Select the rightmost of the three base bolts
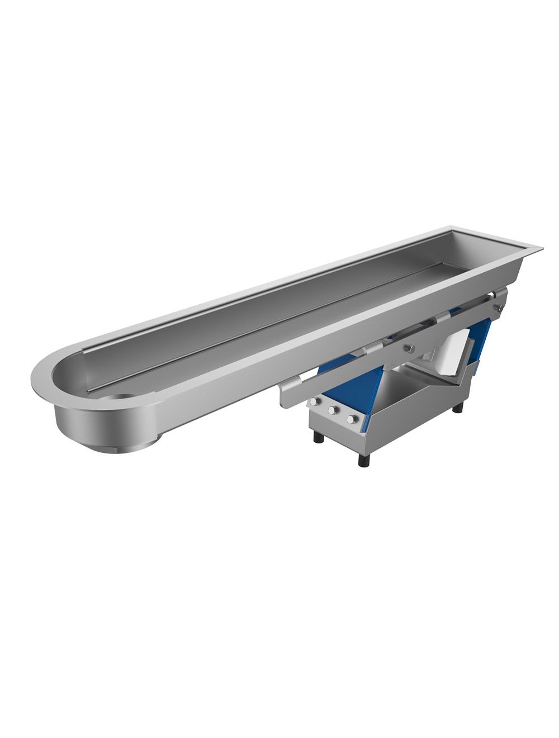click(x=350, y=419)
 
